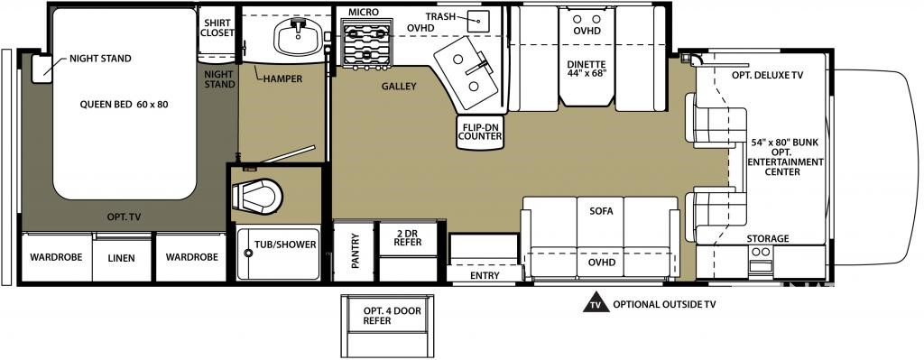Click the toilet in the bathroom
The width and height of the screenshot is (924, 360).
pyautogui.click(x=256, y=195)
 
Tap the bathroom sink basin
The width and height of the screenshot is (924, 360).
pyautogui.click(x=298, y=36)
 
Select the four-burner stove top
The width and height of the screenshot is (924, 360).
pyautogui.click(x=367, y=42)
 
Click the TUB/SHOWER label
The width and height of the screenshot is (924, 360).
pyautogui.click(x=285, y=244)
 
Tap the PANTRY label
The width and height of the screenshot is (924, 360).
pyautogui.click(x=356, y=251)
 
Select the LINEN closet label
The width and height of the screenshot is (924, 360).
pyautogui.click(x=122, y=258)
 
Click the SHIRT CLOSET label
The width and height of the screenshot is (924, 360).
pyautogui.click(x=217, y=28)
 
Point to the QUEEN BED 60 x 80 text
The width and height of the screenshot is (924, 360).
pyautogui.click(x=125, y=105)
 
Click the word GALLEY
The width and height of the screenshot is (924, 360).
pyautogui.click(x=398, y=87)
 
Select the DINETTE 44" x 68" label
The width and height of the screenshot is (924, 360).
pyautogui.click(x=587, y=69)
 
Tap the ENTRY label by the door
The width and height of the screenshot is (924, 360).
pyautogui.click(x=485, y=275)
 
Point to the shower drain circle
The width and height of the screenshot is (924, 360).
pyautogui.click(x=248, y=253)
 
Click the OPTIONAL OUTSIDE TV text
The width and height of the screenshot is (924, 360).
pyautogui.click(x=664, y=304)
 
